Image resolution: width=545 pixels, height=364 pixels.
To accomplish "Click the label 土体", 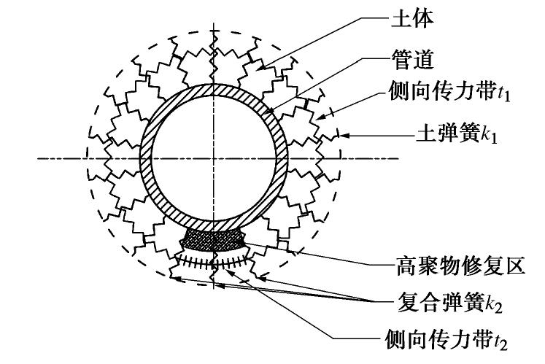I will [421, 17].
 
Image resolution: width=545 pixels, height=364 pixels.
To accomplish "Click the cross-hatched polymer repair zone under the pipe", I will [213, 237].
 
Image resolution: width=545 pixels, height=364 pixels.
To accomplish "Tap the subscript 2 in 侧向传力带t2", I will [506, 343].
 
